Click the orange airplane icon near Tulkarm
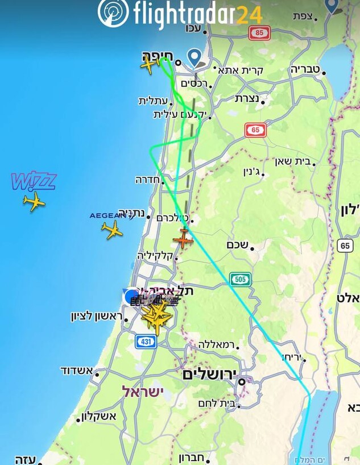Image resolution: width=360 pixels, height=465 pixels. (x=183, y=239)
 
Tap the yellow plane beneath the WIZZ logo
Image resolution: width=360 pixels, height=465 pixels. (x=34, y=201)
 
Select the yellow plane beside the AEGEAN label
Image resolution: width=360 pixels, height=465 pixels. (x=112, y=230)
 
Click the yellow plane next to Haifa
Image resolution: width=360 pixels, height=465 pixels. (x=150, y=65)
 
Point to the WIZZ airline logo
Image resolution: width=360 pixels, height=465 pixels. (x=34, y=181)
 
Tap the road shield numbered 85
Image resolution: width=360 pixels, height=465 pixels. (x=260, y=33)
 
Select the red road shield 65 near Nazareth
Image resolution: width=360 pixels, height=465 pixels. (x=255, y=130)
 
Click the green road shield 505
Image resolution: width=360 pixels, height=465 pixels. (x=240, y=279)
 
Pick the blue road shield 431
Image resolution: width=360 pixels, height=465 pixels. (x=146, y=341)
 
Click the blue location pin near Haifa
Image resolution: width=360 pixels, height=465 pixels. (x=195, y=57)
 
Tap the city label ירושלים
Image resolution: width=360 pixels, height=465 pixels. (x=209, y=375)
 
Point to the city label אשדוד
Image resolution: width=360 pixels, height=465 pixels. (x=76, y=371)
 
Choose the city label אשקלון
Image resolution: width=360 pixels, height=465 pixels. (x=99, y=416)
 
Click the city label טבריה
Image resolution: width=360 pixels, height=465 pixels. (x=305, y=69)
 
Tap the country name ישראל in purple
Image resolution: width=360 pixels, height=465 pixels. (x=142, y=392)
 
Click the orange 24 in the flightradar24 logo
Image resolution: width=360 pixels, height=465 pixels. (x=249, y=14)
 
